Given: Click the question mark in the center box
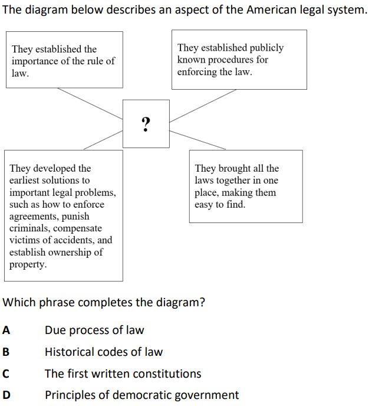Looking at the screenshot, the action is pyautogui.click(x=146, y=124).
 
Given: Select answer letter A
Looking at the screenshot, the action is pyautogui.click(x=6, y=330).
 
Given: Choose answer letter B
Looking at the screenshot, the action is pyautogui.click(x=6, y=352).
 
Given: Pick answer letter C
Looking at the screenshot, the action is pyautogui.click(x=6, y=374).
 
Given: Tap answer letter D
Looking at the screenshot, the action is pyautogui.click(x=6, y=395).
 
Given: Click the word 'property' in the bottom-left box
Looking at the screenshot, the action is pyautogui.click(x=28, y=264).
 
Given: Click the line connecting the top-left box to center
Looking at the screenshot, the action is pyautogui.click(x=90, y=104).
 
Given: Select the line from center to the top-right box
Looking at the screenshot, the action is pyautogui.click(x=203, y=106).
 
